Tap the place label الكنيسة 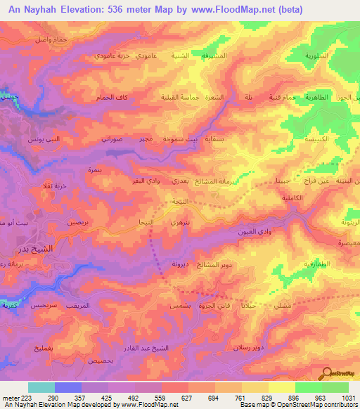321,141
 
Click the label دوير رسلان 250,347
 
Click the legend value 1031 346,398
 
